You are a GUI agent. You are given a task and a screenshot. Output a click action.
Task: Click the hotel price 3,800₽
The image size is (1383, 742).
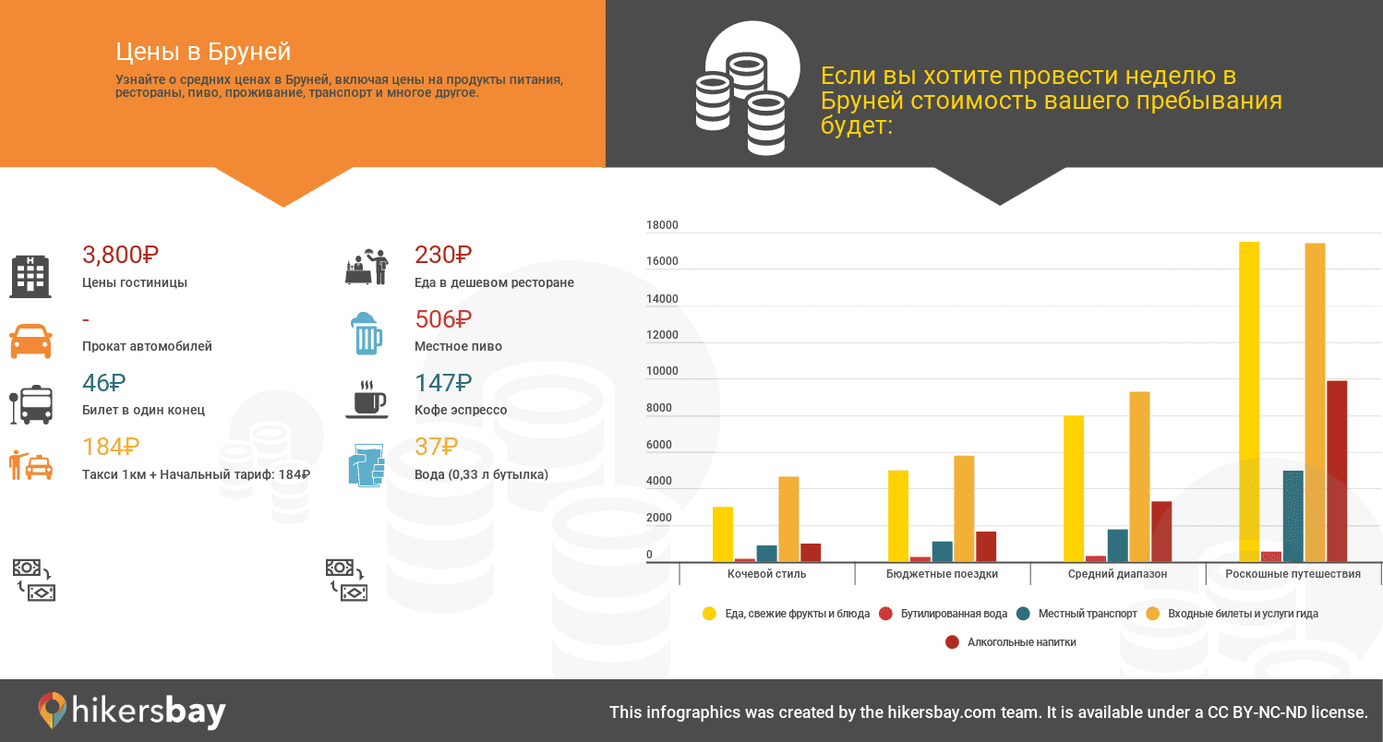click(120, 255)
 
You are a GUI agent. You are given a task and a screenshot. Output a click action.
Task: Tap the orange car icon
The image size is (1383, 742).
click(30, 341)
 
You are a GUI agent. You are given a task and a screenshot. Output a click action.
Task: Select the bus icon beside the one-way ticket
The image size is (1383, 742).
click(31, 405)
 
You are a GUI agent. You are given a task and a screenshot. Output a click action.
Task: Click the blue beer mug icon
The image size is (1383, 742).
click(367, 333)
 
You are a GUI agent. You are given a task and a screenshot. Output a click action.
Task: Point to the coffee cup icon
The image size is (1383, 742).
click(367, 400)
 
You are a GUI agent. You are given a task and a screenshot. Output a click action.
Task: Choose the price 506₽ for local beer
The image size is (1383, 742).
click(443, 319)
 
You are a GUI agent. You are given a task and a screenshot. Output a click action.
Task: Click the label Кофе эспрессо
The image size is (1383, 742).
click(461, 410)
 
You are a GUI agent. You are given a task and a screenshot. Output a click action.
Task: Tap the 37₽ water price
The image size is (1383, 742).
click(436, 447)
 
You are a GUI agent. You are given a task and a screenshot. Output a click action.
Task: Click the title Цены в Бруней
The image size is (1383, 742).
click(203, 52)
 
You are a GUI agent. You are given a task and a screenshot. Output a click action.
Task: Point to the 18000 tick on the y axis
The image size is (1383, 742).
click(662, 224)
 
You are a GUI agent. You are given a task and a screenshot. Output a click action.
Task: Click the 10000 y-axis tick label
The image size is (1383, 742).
click(662, 371)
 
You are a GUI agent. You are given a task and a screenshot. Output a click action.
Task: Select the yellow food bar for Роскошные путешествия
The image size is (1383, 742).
click(1249, 401)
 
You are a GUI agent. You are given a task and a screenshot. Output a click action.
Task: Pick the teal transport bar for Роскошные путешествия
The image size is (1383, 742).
click(1293, 517)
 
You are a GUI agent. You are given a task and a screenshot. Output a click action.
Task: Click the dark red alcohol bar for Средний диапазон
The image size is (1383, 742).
click(1161, 532)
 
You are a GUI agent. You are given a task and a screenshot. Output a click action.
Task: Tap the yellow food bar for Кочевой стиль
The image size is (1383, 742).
click(723, 534)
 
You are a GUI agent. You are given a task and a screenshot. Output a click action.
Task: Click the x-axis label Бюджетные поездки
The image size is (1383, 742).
click(943, 574)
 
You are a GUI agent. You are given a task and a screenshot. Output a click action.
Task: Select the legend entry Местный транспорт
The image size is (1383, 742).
click(1076, 614)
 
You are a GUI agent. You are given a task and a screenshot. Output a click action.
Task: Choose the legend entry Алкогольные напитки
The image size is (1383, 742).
click(1011, 642)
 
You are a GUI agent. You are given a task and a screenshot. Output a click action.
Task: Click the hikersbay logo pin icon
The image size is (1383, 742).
click(53, 710)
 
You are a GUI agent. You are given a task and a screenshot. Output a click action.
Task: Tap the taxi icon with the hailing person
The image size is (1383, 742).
click(30, 465)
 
